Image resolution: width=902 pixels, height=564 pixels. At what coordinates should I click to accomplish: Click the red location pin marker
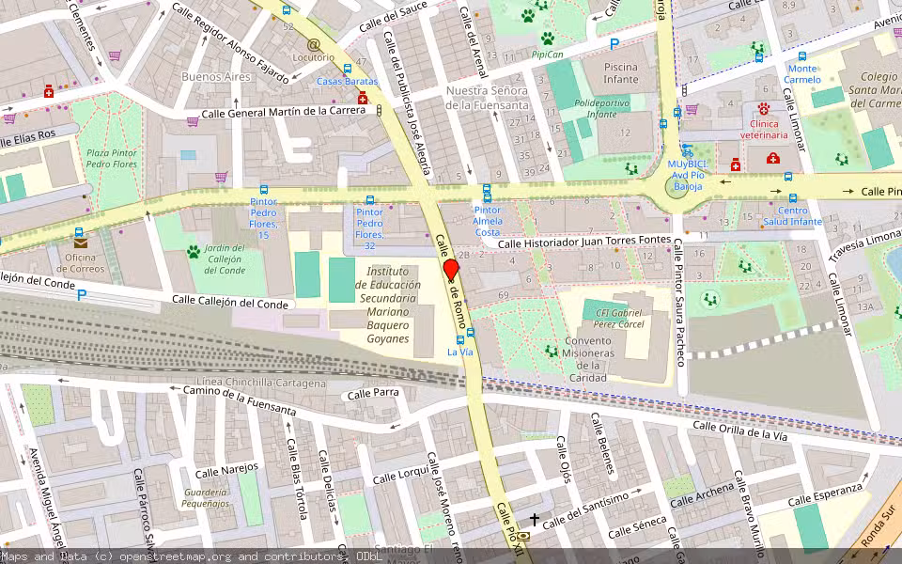pos(450,269)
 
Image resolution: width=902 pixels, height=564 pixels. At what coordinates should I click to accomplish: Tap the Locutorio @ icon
pos(313,44)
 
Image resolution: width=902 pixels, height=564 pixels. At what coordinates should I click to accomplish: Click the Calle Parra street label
pos(373,394)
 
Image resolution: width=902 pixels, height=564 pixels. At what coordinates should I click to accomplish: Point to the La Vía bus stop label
pos(459,352)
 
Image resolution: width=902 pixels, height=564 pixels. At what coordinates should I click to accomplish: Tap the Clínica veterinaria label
pos(776,129)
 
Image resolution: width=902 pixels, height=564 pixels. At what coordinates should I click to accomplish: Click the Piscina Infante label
pos(620,73)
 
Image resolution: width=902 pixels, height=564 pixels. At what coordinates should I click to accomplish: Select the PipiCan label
pos(547,55)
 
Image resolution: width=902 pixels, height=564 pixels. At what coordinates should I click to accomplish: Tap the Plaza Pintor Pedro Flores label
pos(111,159)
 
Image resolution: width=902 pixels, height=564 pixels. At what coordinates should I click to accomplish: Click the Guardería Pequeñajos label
pos(206,498)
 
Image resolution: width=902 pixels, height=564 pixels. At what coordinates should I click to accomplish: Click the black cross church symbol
pos(535,518)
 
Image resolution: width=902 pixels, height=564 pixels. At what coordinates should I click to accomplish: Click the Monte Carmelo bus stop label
pos(802,73)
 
